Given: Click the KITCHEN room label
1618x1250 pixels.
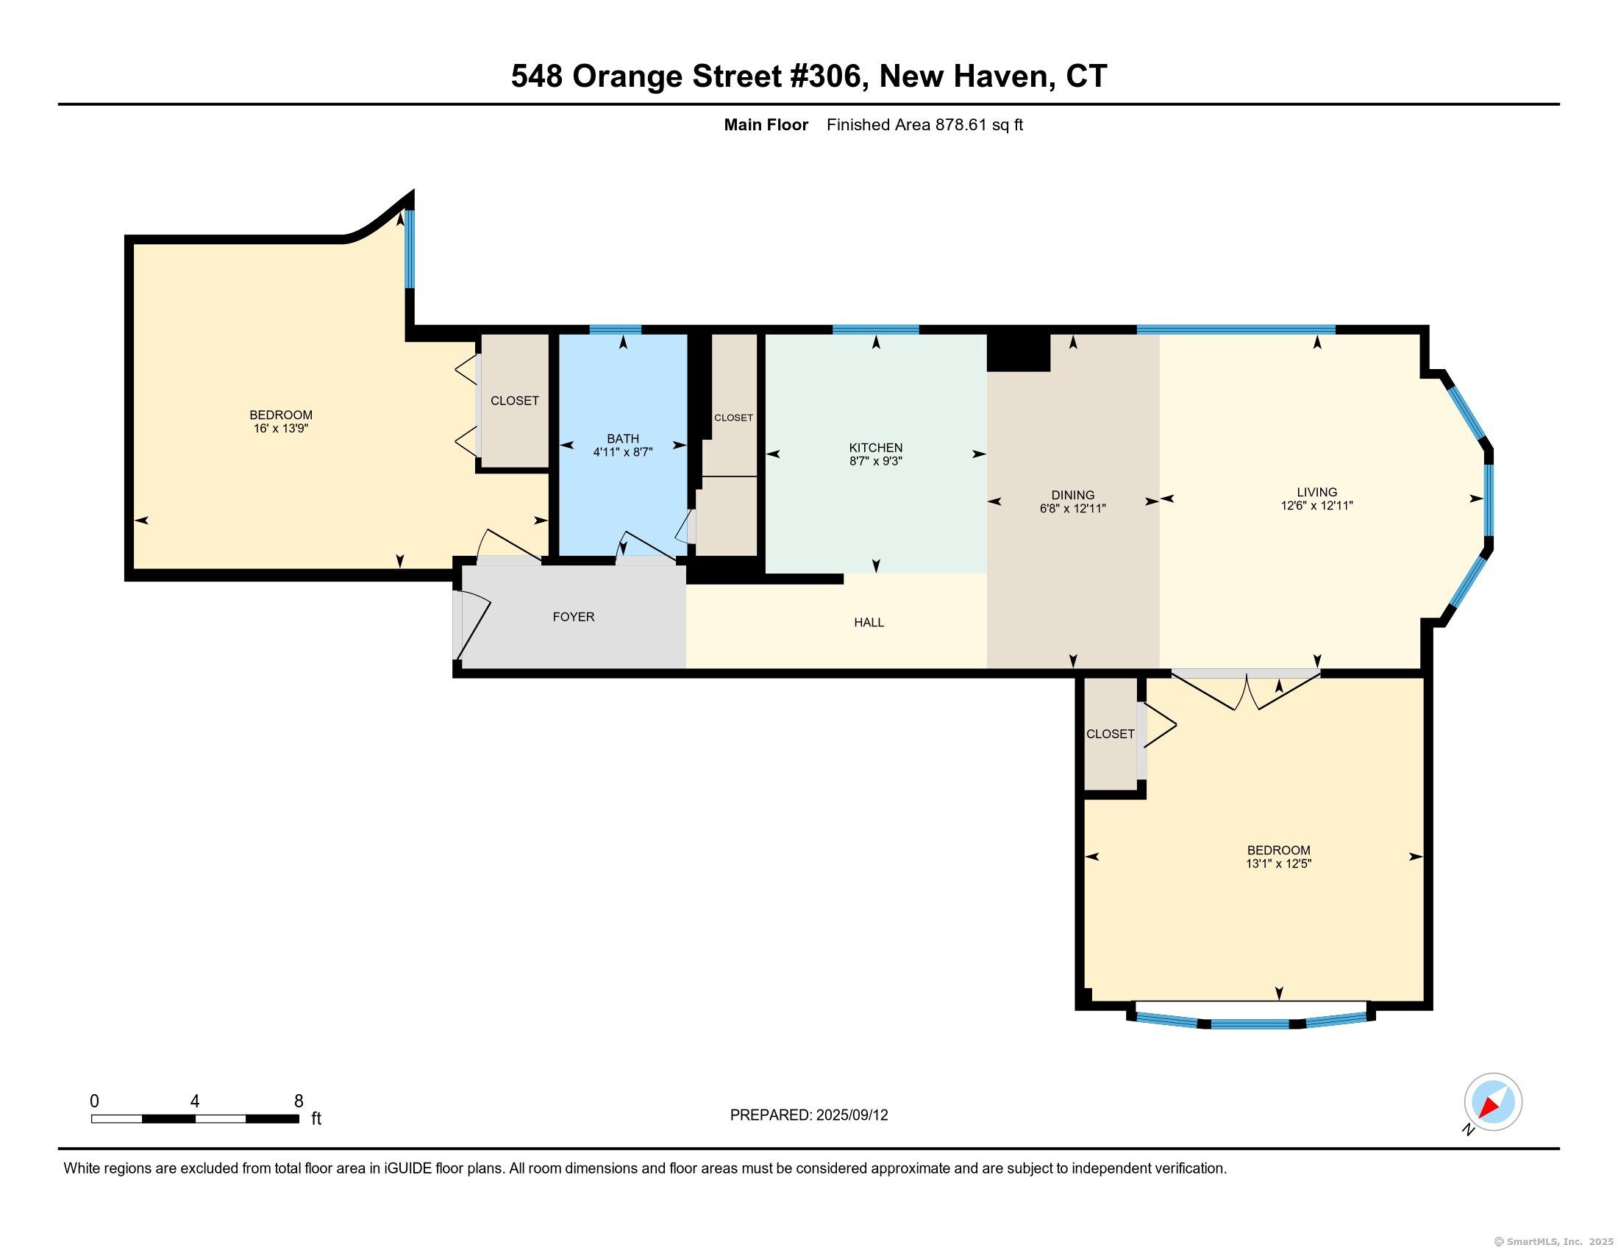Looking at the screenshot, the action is pyautogui.click(x=876, y=447).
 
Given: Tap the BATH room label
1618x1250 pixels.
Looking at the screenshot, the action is pyautogui.click(x=622, y=438).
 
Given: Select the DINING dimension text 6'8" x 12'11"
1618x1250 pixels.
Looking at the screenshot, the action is pyautogui.click(x=1073, y=509).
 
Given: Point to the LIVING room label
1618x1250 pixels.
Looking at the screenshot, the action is pyautogui.click(x=1316, y=492).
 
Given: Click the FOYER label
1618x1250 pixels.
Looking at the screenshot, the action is pyautogui.click(x=574, y=617).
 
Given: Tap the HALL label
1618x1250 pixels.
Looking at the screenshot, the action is pyautogui.click(x=869, y=623).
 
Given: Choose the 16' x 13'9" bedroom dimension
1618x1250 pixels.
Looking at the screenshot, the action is pyautogui.click(x=281, y=429).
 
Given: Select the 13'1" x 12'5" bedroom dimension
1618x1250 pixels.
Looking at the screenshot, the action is pyautogui.click(x=1279, y=863).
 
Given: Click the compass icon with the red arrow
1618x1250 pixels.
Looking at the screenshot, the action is pyautogui.click(x=1493, y=1103).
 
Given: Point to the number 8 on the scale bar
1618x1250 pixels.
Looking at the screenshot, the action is pyautogui.click(x=299, y=1101).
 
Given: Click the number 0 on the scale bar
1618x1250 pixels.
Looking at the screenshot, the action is pyautogui.click(x=94, y=1101).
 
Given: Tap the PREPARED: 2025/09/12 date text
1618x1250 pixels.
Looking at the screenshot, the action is pyautogui.click(x=809, y=1115).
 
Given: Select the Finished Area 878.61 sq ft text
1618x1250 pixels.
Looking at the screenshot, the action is pyautogui.click(x=924, y=125).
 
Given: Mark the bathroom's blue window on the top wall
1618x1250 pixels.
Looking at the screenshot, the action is pyautogui.click(x=615, y=329).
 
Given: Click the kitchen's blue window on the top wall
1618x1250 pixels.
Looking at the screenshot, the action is pyautogui.click(x=876, y=329).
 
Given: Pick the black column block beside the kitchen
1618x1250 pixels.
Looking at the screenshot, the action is pyautogui.click(x=1019, y=352).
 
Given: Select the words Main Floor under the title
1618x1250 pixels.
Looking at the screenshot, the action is pyautogui.click(x=766, y=125).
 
